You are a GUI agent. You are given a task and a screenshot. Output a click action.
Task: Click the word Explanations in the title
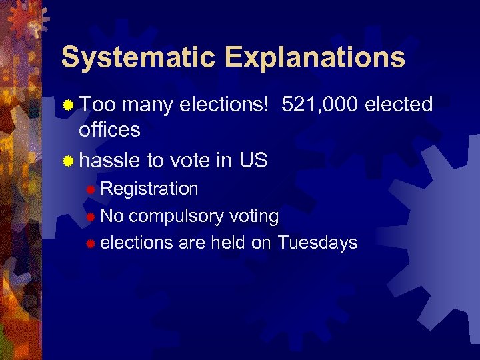[x=311, y=58]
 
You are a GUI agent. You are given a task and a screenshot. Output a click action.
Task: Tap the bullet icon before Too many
[x=67, y=105]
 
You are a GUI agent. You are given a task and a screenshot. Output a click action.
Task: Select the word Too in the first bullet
[x=98, y=105]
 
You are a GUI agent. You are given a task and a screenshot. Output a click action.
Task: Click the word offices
[x=109, y=129]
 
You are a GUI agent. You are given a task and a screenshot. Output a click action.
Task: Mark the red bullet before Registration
[x=91, y=190]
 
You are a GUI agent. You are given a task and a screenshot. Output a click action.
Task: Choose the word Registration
[x=149, y=189]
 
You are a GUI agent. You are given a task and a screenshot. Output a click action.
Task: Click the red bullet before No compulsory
[x=91, y=217]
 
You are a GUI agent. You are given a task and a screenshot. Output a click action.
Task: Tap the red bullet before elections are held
[x=91, y=244]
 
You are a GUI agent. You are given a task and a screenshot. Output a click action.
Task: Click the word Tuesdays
[x=317, y=243]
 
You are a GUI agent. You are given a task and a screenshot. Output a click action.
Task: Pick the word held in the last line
[x=229, y=243]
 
